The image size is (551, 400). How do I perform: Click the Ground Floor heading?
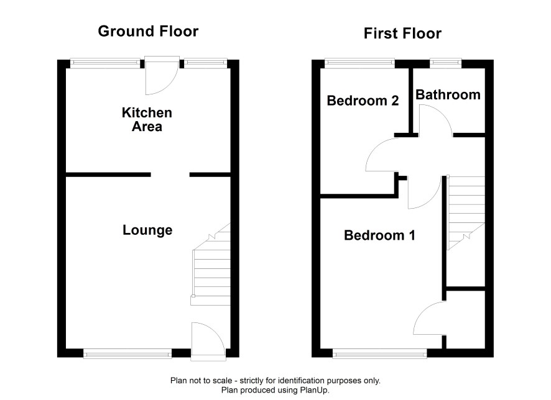(x=148, y=31)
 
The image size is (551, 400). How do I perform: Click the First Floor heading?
(x=402, y=34)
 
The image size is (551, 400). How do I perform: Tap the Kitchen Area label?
(x=147, y=119)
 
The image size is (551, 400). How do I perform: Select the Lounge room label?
(x=147, y=230)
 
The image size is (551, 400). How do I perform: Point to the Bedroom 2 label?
(x=363, y=101)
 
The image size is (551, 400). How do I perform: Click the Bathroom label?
(x=448, y=95)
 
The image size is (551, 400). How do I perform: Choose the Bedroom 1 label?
(x=379, y=235)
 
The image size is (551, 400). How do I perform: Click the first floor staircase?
(x=466, y=212)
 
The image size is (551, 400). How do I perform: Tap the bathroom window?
(x=445, y=63)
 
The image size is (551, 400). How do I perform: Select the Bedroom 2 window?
(x=359, y=63)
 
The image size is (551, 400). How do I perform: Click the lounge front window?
(x=127, y=353)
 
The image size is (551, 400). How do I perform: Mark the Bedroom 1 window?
(x=380, y=353)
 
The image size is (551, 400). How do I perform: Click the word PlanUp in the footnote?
(x=314, y=390)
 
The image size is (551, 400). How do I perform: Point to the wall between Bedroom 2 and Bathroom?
(x=410, y=101)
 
